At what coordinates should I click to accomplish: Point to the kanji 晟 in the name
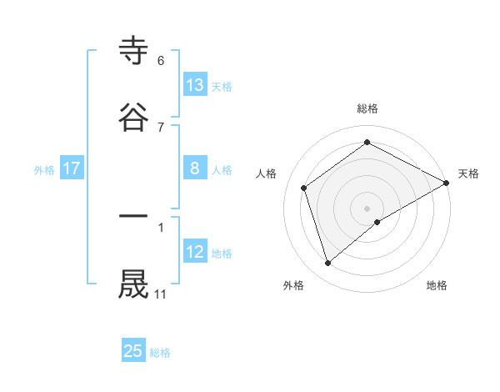(133, 284)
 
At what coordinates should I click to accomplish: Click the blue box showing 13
(195, 84)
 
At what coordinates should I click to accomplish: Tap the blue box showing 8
(195, 168)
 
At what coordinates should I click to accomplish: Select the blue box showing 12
(195, 252)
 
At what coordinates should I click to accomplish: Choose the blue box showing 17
(71, 168)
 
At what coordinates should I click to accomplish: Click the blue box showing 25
(133, 351)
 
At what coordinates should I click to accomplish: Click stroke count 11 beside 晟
(160, 294)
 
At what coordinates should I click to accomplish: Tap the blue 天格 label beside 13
(222, 86)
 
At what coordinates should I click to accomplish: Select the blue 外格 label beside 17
(44, 169)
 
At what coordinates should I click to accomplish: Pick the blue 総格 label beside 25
(160, 353)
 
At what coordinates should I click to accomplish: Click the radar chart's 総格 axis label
(367, 108)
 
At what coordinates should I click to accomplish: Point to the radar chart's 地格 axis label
(437, 285)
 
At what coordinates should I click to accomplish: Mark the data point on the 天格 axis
(447, 183)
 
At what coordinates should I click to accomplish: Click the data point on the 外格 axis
(327, 264)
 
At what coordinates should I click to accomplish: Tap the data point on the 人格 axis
(304, 188)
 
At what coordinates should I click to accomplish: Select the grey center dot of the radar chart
(367, 208)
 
